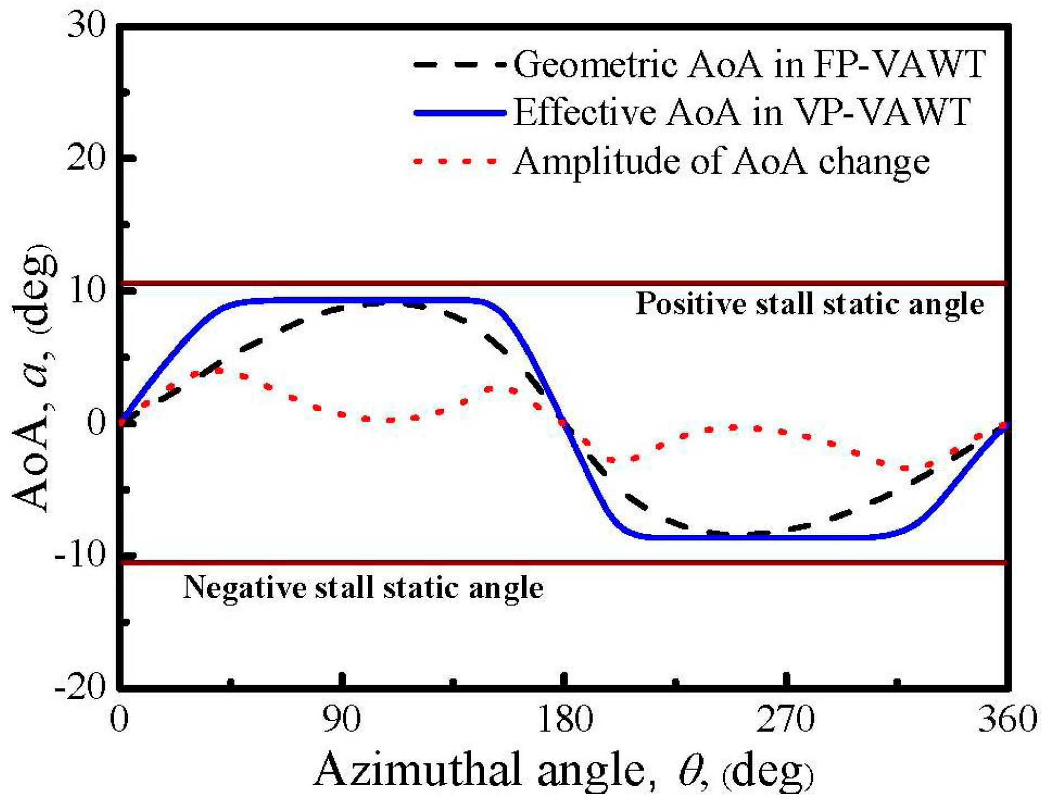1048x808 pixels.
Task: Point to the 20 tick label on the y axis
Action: pos(87,159)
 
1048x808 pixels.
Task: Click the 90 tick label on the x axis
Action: pos(341,719)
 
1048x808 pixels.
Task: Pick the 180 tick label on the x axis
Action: pos(564,719)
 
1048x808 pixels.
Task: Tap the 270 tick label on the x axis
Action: pos(786,719)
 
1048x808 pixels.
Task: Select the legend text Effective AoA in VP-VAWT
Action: pos(741,112)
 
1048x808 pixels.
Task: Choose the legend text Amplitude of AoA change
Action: pos(721,162)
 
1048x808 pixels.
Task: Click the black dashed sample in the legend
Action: pos(459,65)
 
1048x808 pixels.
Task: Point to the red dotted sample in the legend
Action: pos(455,161)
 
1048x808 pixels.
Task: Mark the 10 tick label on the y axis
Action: pos(87,291)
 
